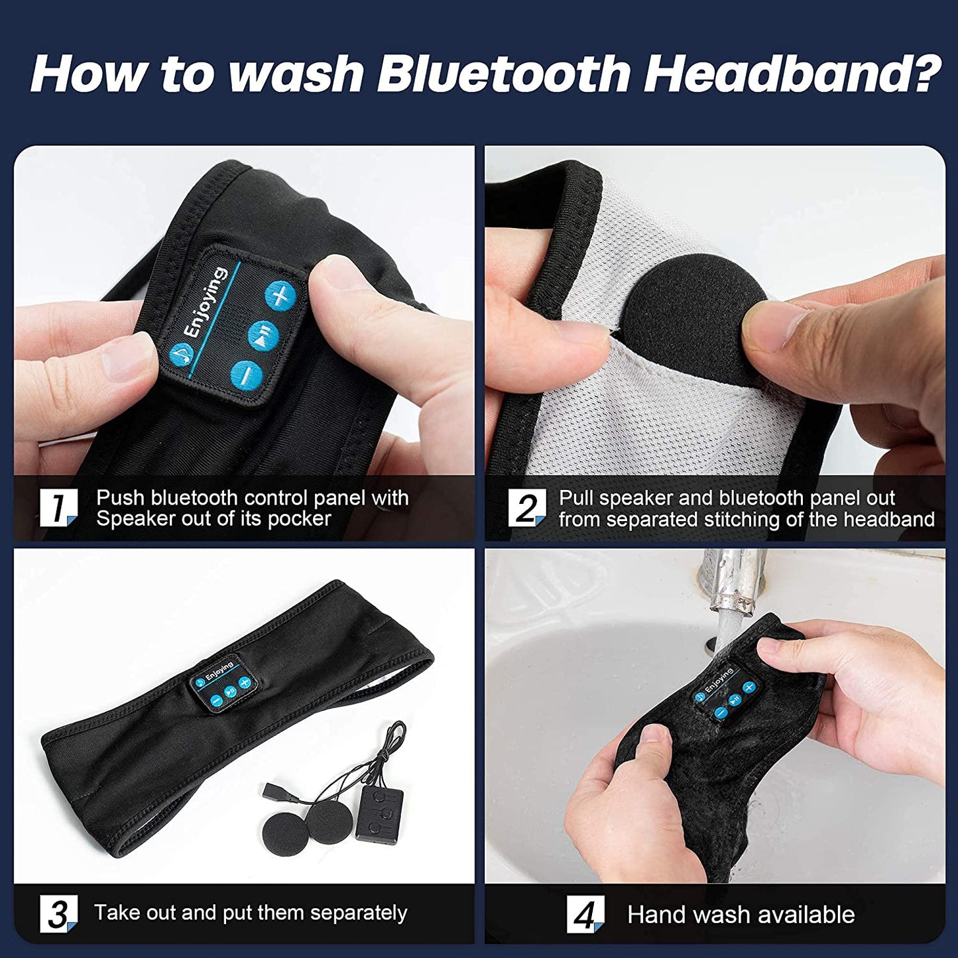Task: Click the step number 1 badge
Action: (58, 508)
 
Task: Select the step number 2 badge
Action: (526, 509)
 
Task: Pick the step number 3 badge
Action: (58, 914)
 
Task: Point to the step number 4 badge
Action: (585, 916)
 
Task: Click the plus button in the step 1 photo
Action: (280, 296)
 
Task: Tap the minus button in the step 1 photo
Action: (247, 375)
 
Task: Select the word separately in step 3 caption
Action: (358, 913)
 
